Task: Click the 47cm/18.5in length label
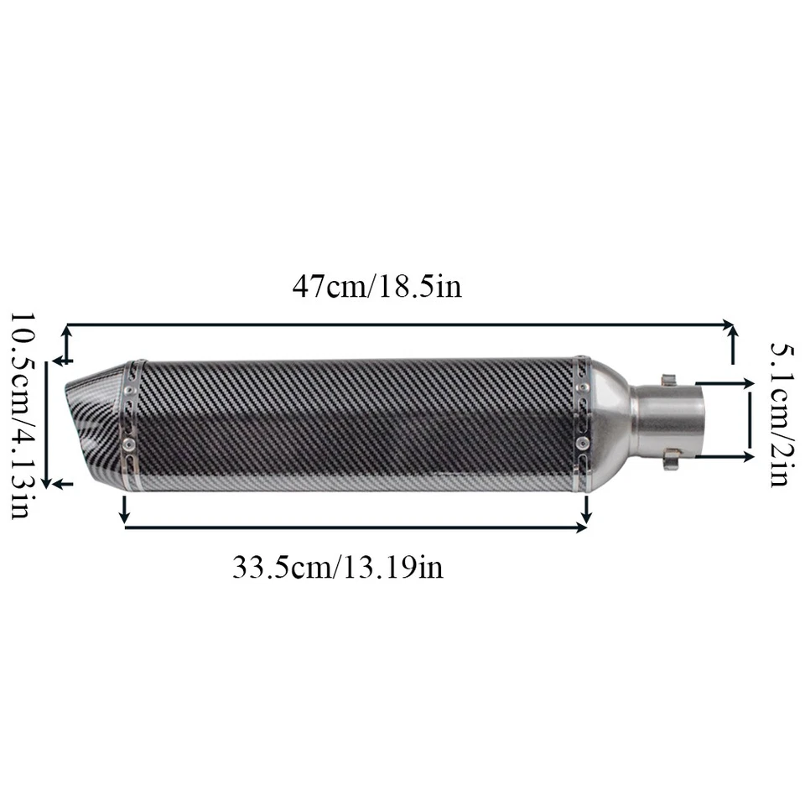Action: coord(377,287)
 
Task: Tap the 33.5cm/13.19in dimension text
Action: coord(337,568)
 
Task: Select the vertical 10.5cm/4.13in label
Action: coord(22,416)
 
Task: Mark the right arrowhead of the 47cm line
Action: coord(730,324)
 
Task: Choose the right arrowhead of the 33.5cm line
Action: coord(584,527)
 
